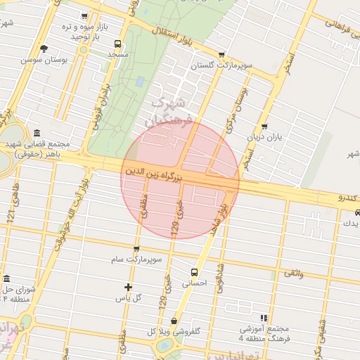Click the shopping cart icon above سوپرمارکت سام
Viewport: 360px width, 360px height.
coord(136,249)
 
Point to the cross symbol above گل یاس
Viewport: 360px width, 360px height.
coord(128,286)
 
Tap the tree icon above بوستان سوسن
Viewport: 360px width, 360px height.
coord(44,49)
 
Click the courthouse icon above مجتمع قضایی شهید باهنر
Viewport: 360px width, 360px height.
coord(37,134)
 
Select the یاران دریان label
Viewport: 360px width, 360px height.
coord(264,138)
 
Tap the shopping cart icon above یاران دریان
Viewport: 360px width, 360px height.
coord(264,127)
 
